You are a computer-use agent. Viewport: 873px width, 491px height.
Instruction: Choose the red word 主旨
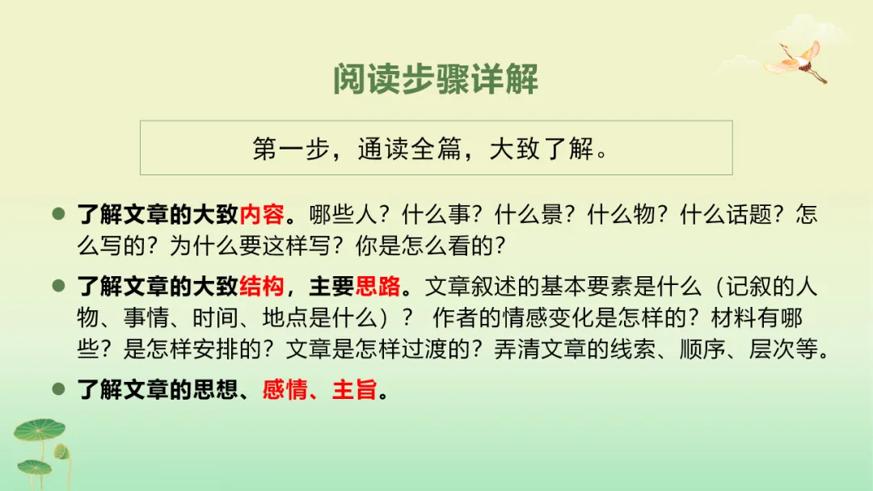[355, 391]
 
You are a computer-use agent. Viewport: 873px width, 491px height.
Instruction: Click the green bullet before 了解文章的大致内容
[58, 216]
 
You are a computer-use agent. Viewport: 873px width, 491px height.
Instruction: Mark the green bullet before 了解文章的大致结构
[58, 287]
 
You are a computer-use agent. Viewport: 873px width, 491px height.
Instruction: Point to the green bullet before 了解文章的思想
[58, 390]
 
